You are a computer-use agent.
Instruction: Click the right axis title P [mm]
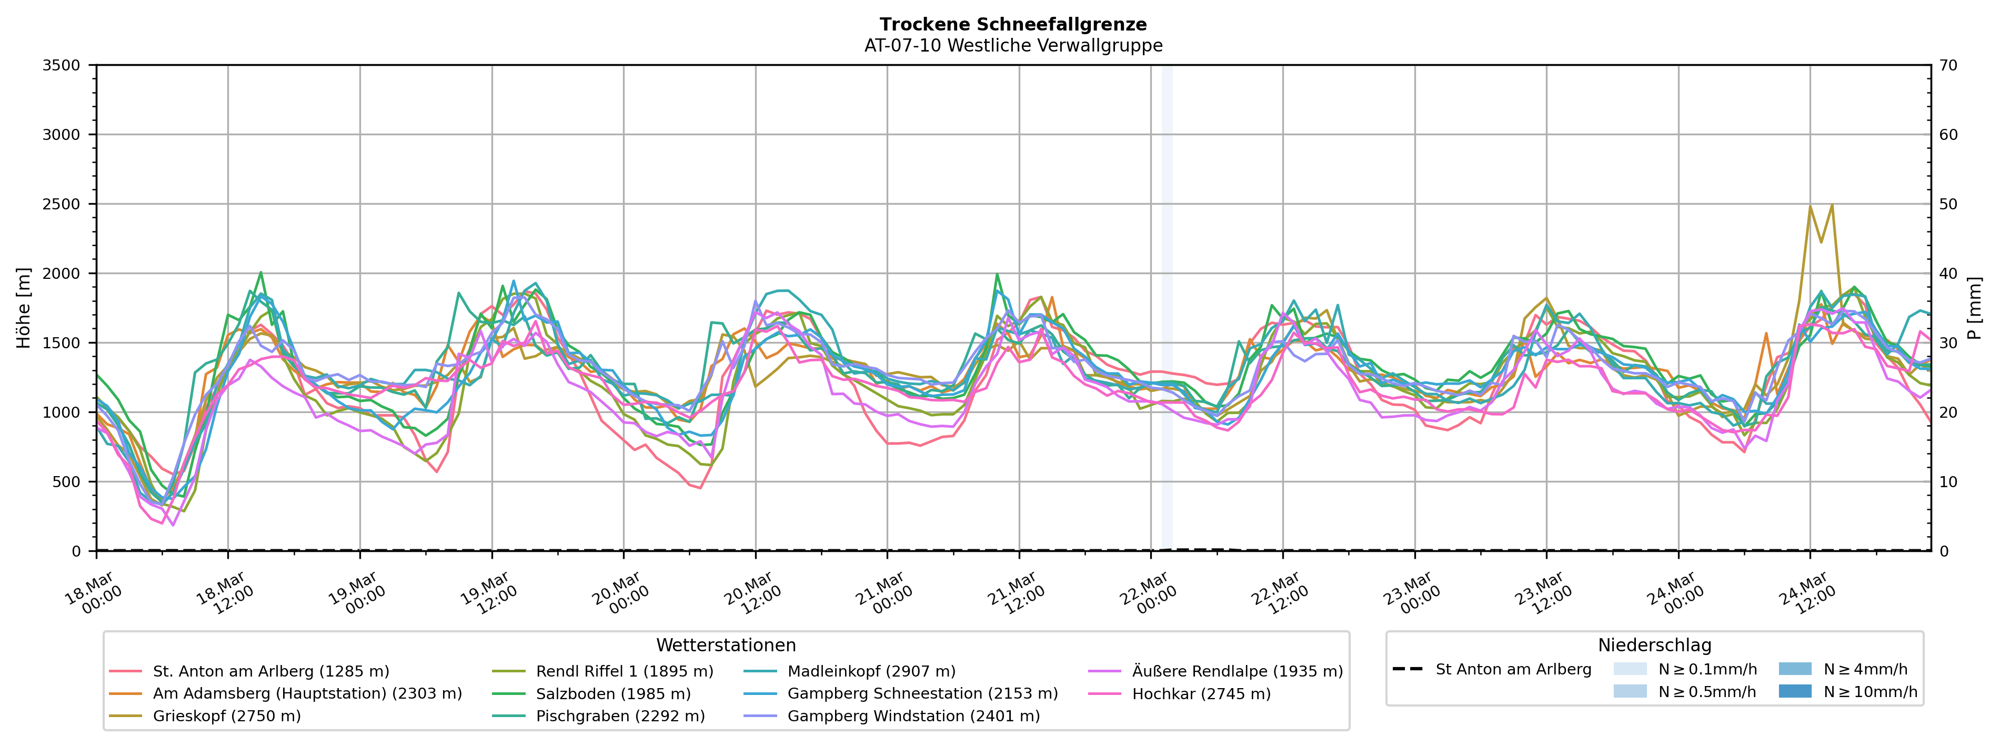[x=1975, y=308]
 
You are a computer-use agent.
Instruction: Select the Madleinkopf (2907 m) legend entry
[x=871, y=671]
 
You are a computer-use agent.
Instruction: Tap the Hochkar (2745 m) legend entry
[x=1201, y=694]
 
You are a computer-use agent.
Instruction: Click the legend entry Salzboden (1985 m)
[x=612, y=694]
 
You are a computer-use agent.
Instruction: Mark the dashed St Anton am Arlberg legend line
[x=1408, y=669]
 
